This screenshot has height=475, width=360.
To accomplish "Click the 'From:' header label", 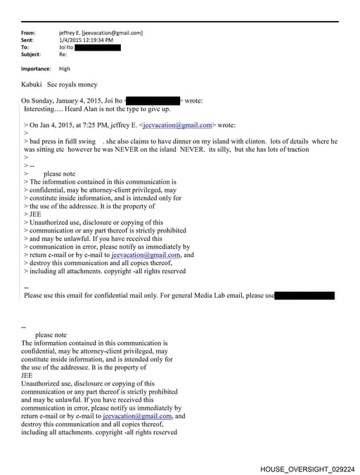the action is point(28,33).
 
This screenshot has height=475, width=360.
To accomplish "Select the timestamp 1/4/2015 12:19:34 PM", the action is point(86,40).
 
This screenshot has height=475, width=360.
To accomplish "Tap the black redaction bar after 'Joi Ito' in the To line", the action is point(98,47).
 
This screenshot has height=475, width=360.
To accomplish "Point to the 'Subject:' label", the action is point(31,54).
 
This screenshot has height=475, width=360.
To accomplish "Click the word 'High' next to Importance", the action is point(65,69).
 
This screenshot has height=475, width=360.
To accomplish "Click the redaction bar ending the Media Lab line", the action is point(304,296).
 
